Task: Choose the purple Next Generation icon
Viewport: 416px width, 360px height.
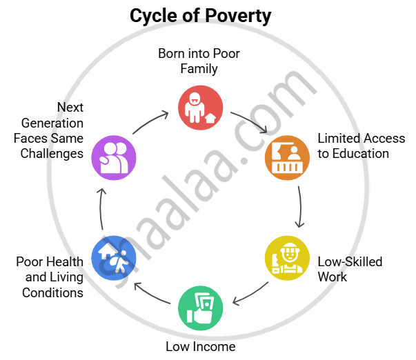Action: (x=114, y=157)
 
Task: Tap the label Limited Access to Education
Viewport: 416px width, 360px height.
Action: (x=361, y=146)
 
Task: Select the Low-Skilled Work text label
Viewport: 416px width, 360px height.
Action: (x=350, y=269)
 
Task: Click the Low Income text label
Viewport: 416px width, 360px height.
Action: (x=201, y=346)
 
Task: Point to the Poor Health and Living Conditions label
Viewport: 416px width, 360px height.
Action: (x=50, y=277)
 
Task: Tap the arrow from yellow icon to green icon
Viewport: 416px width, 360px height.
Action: (x=250, y=292)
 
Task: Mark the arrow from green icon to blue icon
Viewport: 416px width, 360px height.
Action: (x=151, y=292)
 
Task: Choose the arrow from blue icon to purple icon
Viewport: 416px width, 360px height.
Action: (x=101, y=207)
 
